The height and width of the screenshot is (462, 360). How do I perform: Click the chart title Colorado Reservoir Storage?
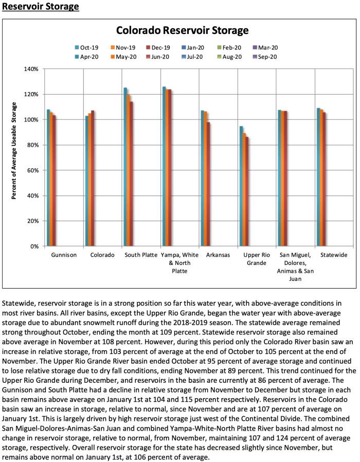pos(182,30)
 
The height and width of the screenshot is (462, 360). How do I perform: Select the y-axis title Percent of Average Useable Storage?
pos(15,151)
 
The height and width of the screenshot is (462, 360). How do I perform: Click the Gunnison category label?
pos(64,256)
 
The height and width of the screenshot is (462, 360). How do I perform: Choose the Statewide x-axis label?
pos(333,256)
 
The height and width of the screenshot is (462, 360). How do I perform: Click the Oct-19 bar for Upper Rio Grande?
pos(241,186)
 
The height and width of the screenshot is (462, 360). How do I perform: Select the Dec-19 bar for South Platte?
pos(132,173)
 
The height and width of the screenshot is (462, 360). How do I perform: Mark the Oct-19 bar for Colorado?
pos(87,181)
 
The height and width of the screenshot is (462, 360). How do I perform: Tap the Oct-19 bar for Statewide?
pos(318,177)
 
